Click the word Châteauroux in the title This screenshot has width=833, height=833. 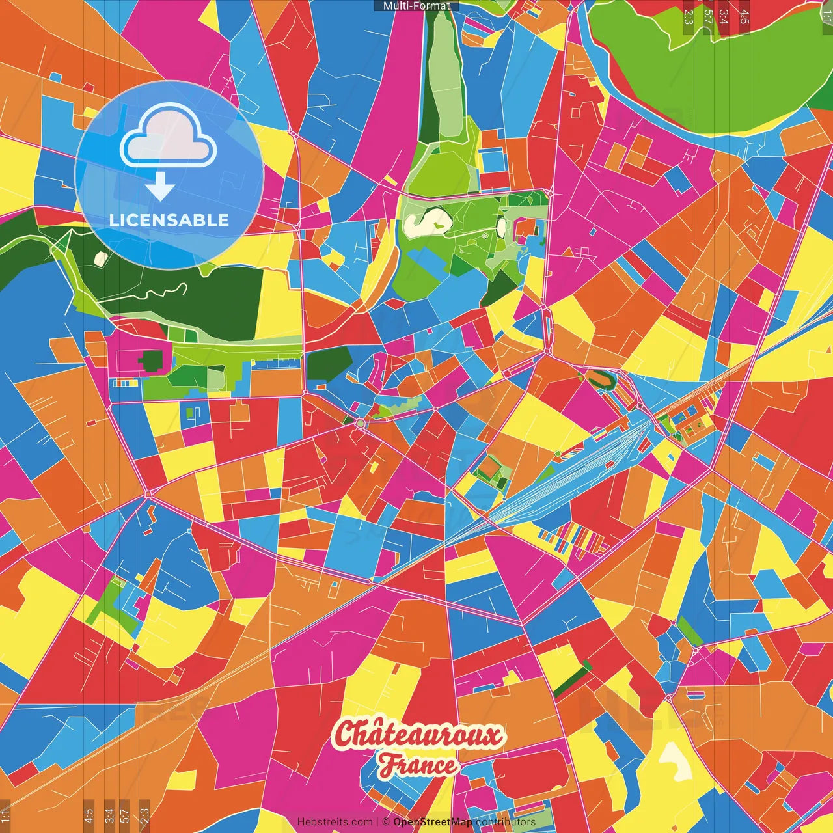coord(418,734)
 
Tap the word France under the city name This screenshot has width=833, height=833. coord(418,765)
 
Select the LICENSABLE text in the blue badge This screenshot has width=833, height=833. coord(169,220)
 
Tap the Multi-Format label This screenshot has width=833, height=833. coord(416,6)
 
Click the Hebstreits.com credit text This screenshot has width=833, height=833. coord(335,822)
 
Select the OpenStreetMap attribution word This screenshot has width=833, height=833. coord(432,822)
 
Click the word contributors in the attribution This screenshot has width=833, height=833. coord(506,822)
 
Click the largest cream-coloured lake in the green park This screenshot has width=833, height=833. coord(427,221)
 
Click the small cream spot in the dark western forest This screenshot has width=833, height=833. coord(100,258)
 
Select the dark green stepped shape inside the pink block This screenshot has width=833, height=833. coord(151,361)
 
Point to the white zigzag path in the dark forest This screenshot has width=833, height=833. coord(156,292)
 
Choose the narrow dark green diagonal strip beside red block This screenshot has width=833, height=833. coord(571,678)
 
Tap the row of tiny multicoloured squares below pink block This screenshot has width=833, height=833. coord(125,383)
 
